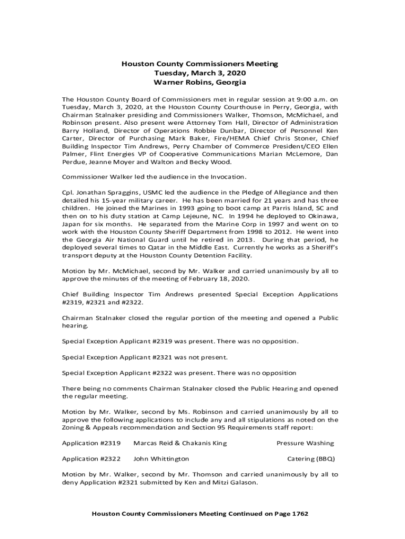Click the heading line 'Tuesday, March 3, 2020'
coord(200,73)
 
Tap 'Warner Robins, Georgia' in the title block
coord(200,83)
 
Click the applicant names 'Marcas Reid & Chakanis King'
coord(180,443)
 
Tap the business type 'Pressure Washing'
coord(305,443)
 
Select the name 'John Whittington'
coord(161,458)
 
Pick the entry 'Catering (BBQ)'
coord(310,458)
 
